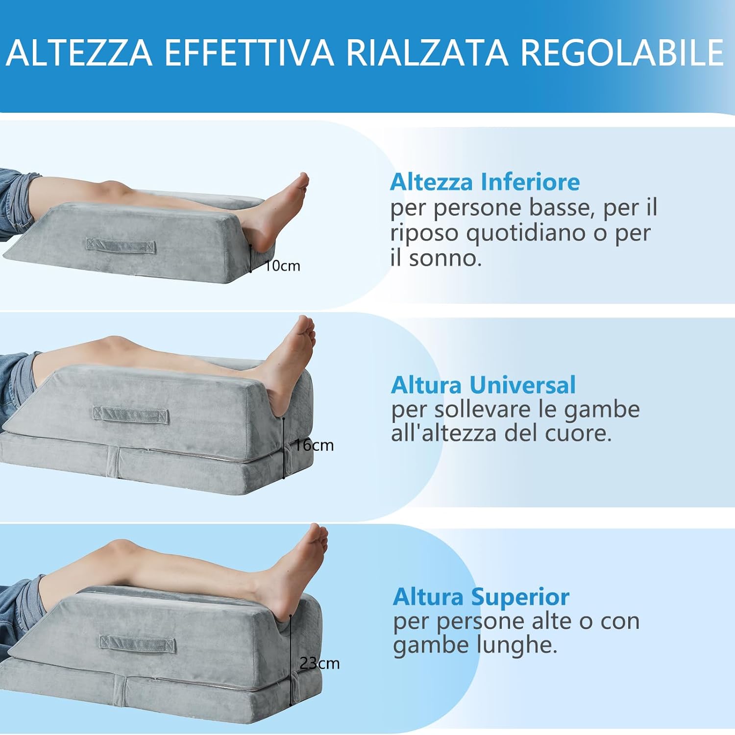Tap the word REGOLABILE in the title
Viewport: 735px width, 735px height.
coord(621,52)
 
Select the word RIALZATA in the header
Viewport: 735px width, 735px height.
coord(427,52)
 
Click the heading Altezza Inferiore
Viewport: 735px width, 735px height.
coord(485,182)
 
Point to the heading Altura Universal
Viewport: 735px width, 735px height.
coord(483,385)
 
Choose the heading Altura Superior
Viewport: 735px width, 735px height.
coord(481,597)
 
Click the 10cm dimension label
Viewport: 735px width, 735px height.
coord(283,266)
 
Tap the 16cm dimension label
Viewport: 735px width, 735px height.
coord(314,445)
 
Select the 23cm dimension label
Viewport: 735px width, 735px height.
coord(320,663)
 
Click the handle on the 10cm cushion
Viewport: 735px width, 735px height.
coord(121,245)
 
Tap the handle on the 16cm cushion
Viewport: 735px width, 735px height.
coord(131,415)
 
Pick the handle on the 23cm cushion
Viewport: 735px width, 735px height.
coord(138,643)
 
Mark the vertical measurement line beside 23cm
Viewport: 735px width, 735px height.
coord(291,659)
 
